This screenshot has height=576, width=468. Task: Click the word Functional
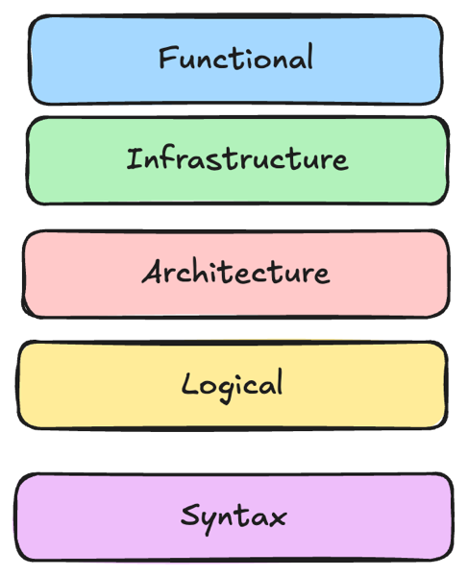tap(235, 57)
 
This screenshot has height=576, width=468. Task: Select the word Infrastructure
tap(237, 158)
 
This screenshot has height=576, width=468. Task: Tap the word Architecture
tap(235, 272)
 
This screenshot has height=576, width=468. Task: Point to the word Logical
tap(233, 385)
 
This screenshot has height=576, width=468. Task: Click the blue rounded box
tap(235, 60)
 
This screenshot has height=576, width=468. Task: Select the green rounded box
tap(237, 160)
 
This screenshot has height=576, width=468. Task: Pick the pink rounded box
tap(235, 274)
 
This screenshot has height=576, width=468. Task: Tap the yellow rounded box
tap(233, 385)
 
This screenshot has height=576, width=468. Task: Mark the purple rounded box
tap(234, 517)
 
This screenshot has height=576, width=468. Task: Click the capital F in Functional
tap(169, 57)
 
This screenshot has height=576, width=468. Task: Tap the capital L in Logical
tap(191, 383)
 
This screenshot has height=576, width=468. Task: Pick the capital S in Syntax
tap(191, 515)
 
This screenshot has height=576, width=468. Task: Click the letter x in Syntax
tap(277, 518)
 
